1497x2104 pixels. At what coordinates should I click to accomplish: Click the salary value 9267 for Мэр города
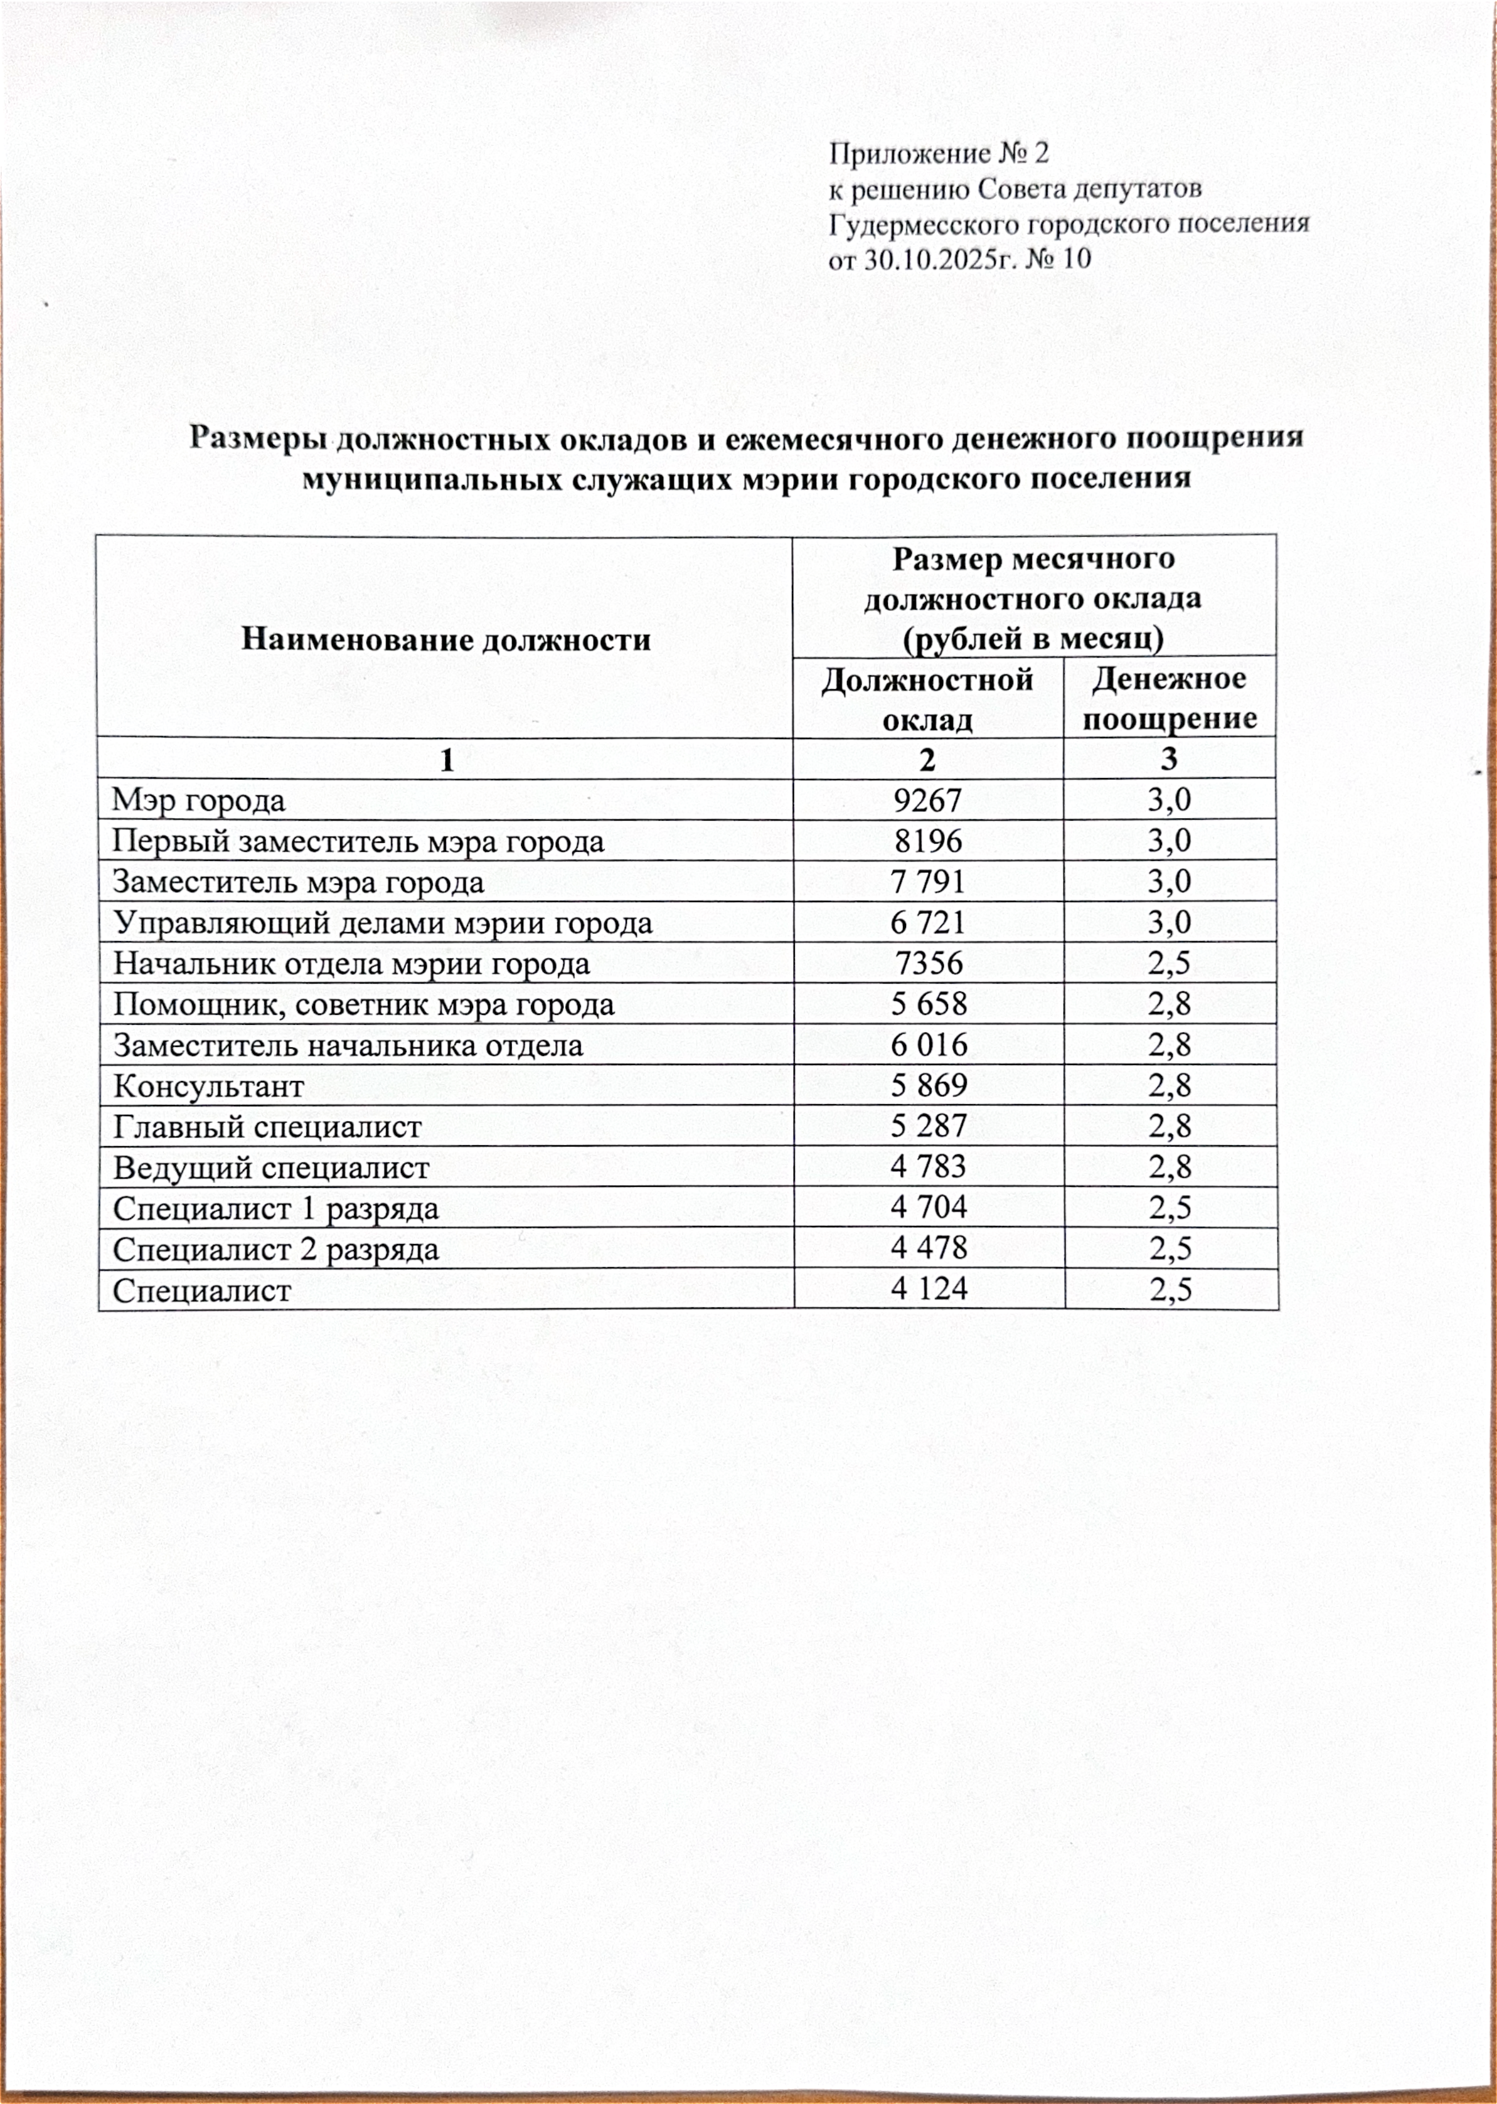pos(926,800)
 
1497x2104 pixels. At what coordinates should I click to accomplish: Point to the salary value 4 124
pos(929,1288)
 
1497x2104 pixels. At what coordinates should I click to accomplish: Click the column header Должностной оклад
pos(926,699)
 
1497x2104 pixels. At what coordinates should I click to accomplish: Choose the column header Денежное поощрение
pos(1169,699)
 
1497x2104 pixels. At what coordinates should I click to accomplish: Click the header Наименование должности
pos(445,639)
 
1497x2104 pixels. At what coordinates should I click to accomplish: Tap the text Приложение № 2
pos(938,153)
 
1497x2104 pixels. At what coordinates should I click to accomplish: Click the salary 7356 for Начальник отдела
pos(929,964)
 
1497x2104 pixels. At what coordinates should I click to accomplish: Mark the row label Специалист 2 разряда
pos(276,1249)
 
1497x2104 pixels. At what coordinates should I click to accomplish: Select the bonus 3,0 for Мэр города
pos(1169,800)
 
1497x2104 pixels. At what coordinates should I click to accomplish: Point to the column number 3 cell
pos(1169,759)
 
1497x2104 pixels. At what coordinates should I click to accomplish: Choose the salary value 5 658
pos(929,1004)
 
